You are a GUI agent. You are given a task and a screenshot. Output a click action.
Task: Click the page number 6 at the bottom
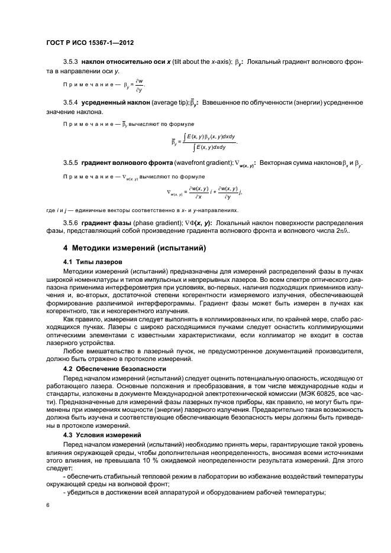[x=49, y=505]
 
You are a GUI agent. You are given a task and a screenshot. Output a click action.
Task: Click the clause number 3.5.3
[x=71, y=61]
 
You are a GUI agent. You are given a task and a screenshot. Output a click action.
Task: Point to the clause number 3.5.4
[x=71, y=103]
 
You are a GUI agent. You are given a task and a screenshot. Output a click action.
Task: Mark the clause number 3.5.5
[x=71, y=162]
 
